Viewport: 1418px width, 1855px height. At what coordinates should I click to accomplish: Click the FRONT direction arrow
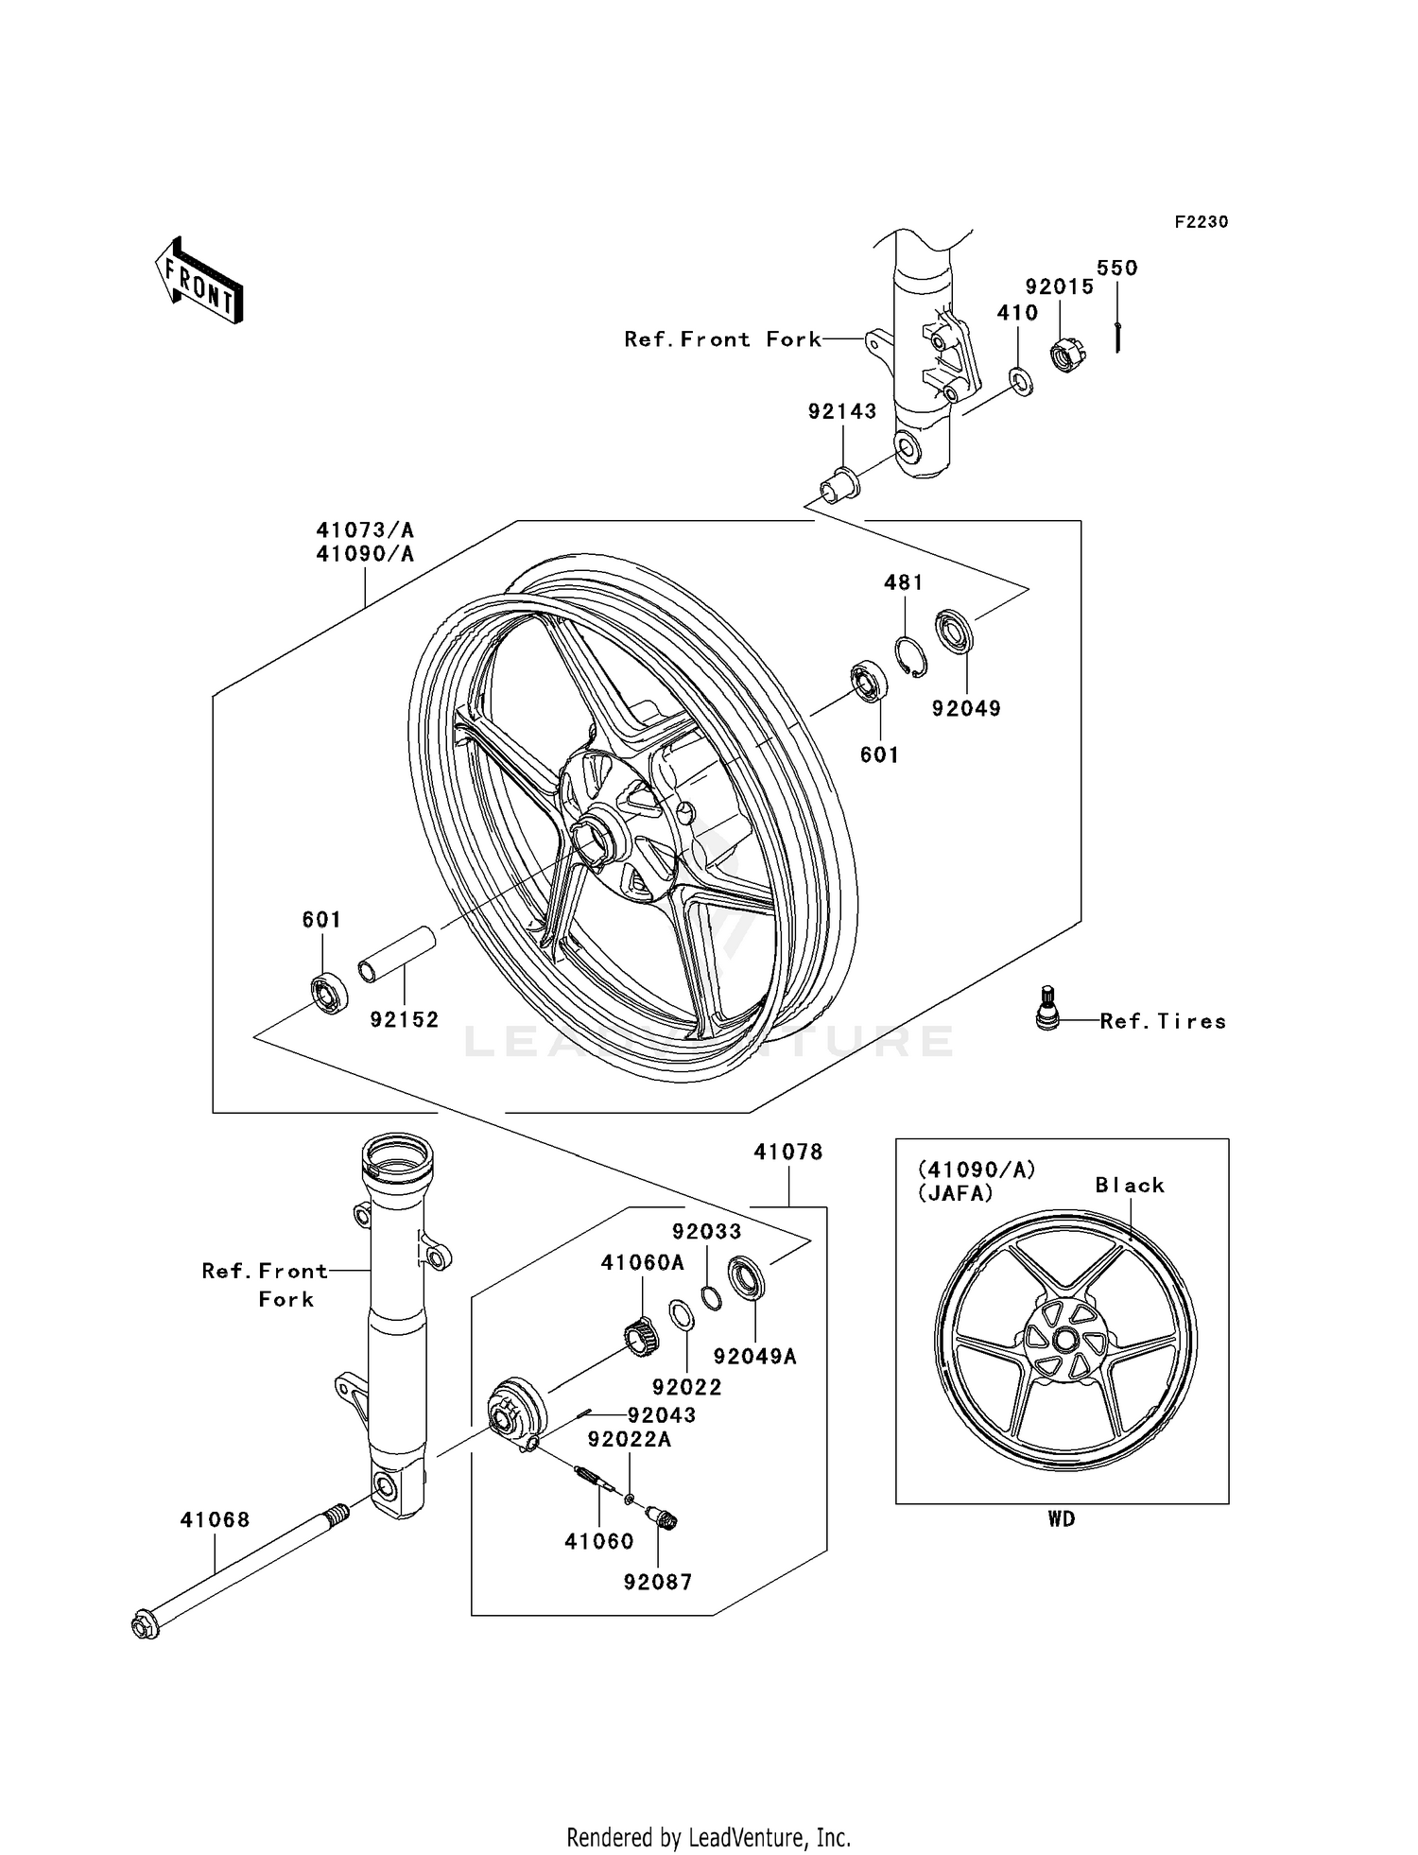coord(199,281)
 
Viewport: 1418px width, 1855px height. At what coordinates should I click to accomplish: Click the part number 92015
coord(1060,287)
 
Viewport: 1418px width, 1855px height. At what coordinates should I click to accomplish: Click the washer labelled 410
coord(1020,381)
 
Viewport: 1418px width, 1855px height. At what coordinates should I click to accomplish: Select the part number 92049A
coord(754,1357)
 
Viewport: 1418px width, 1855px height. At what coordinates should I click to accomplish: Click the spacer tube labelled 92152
coord(396,956)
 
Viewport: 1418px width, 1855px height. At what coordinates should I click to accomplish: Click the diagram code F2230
coord(1201,222)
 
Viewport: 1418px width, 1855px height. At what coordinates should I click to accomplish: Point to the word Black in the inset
coord(1130,1186)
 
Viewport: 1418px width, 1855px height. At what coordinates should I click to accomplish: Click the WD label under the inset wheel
coord(1061,1519)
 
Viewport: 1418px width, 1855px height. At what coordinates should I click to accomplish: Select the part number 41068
coord(216,1520)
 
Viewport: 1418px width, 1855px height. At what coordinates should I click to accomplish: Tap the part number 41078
coord(787,1153)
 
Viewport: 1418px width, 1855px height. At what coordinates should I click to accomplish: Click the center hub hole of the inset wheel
coord(1064,1341)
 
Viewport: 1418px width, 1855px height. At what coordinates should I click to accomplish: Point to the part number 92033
coord(706,1232)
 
